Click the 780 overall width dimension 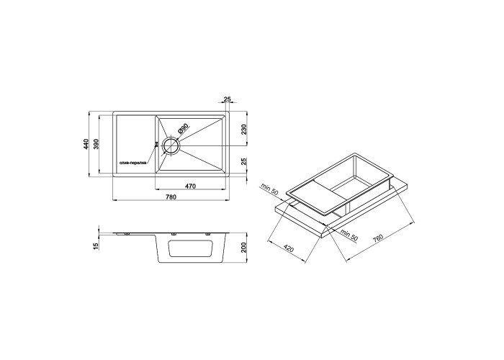tap(171, 197)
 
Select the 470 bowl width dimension tap(190, 186)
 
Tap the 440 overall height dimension tap(86, 144)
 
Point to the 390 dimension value tap(96, 144)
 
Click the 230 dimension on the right tap(244, 129)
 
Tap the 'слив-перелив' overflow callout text tap(133, 163)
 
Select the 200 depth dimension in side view tap(244, 247)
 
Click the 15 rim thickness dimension tap(96, 246)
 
